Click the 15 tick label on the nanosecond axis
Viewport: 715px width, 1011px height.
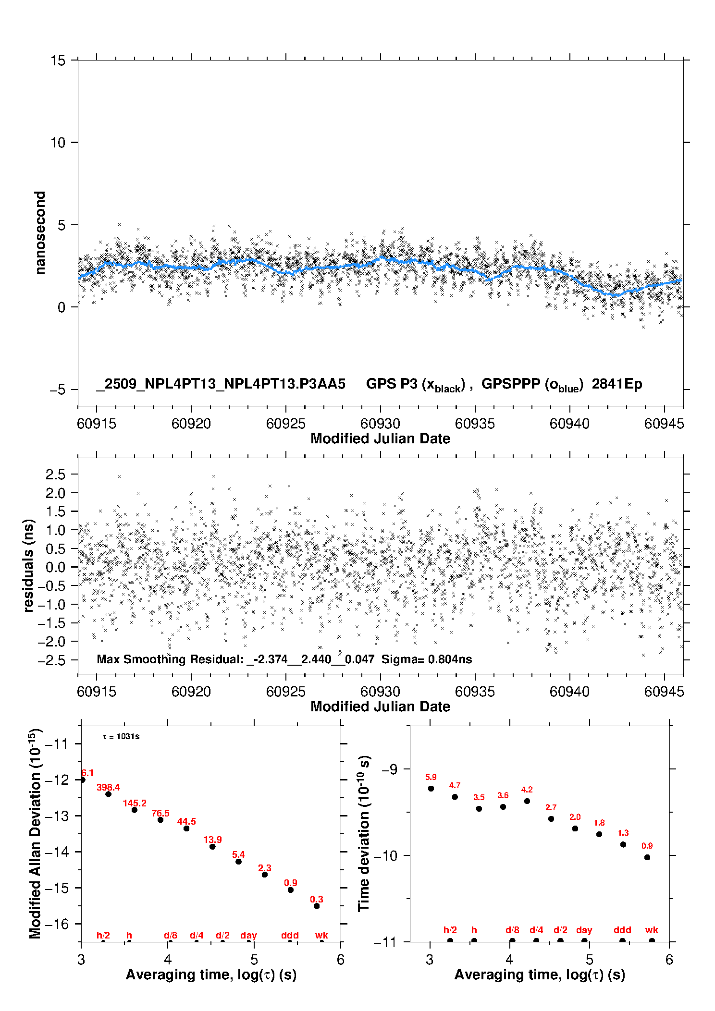58,61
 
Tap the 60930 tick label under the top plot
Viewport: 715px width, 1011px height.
380,424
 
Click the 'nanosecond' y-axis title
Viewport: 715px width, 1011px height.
40,233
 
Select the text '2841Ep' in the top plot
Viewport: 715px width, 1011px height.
616,384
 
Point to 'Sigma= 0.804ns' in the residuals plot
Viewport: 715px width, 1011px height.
427,659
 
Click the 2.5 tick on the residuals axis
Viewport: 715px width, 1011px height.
55,475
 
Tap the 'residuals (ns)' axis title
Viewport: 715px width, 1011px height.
29,565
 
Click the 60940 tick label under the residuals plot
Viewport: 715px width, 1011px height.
569,692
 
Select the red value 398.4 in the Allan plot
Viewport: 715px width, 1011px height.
108,787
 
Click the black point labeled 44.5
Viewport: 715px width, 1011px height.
186,828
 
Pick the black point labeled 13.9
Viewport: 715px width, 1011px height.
212,847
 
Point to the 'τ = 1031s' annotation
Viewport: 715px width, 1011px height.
121,737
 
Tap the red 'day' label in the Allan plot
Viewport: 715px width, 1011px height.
248,935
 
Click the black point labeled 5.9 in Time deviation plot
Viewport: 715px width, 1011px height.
431,789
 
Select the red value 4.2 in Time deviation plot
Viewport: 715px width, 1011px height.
527,790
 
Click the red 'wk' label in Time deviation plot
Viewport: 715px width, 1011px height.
652,930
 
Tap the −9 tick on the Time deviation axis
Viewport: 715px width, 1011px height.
389,769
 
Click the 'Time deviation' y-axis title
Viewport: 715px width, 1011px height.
364,833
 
